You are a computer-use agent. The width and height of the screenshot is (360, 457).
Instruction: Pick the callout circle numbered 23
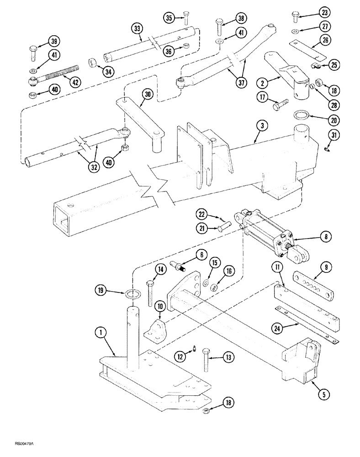coord(324,13)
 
